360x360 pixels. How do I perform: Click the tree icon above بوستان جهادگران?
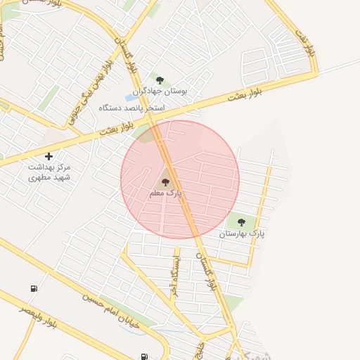(160, 80)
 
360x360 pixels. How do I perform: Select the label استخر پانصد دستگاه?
(131, 108)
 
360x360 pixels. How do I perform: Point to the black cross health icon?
(49, 155)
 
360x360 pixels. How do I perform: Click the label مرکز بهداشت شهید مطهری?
(50, 172)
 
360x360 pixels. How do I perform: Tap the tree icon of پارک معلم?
(166, 181)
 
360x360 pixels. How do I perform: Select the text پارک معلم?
(165, 192)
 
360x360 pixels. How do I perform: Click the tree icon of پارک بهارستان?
(241, 222)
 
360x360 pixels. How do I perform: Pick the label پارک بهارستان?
(243, 233)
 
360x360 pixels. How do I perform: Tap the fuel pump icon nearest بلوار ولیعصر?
(34, 288)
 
